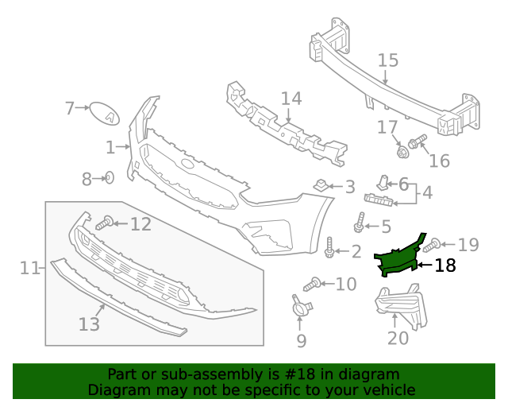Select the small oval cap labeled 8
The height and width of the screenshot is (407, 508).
click(x=110, y=178)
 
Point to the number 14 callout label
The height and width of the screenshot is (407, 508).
click(x=291, y=99)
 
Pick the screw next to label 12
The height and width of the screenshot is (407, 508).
click(x=104, y=224)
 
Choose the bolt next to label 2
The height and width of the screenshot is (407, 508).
click(x=329, y=248)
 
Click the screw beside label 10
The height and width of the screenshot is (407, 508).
click(x=312, y=284)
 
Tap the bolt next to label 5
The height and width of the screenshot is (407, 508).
click(x=361, y=223)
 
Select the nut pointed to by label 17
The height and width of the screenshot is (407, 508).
click(x=402, y=149)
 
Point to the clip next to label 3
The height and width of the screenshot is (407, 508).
click(x=321, y=186)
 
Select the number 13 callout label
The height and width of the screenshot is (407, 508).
click(x=89, y=324)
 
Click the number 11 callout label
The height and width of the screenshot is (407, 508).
click(x=29, y=269)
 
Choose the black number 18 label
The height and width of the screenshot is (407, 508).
click(x=445, y=266)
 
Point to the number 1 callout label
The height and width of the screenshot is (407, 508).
click(x=110, y=147)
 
